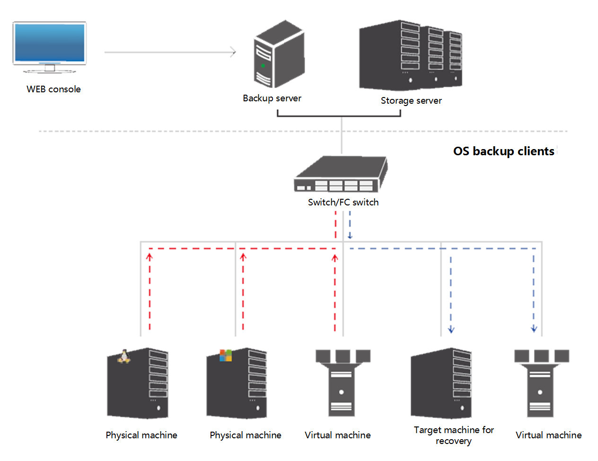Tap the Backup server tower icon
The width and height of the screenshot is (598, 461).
pos(279,54)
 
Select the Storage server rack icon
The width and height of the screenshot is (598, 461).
pos(410,55)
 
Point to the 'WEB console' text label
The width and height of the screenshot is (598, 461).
pos(53,89)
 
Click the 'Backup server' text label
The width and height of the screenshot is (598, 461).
pos(272,98)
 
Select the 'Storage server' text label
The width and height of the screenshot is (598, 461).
pos(411,100)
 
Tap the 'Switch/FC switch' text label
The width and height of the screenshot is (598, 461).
pos(343,202)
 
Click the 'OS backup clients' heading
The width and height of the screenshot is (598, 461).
pos(504,151)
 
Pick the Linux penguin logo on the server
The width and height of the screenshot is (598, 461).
pos(123,356)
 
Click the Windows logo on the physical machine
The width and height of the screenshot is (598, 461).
pos(226,355)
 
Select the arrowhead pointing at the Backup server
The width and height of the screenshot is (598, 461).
pos(233,52)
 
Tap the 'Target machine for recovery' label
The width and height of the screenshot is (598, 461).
pos(454,435)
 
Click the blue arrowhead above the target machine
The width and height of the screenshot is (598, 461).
pos(451,329)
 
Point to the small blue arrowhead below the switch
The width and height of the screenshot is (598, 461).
pos(350,236)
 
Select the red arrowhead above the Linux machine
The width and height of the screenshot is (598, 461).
pos(149,257)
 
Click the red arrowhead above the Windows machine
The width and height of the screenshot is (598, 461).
pos(243,257)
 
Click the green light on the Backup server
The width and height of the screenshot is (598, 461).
pos(263,65)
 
